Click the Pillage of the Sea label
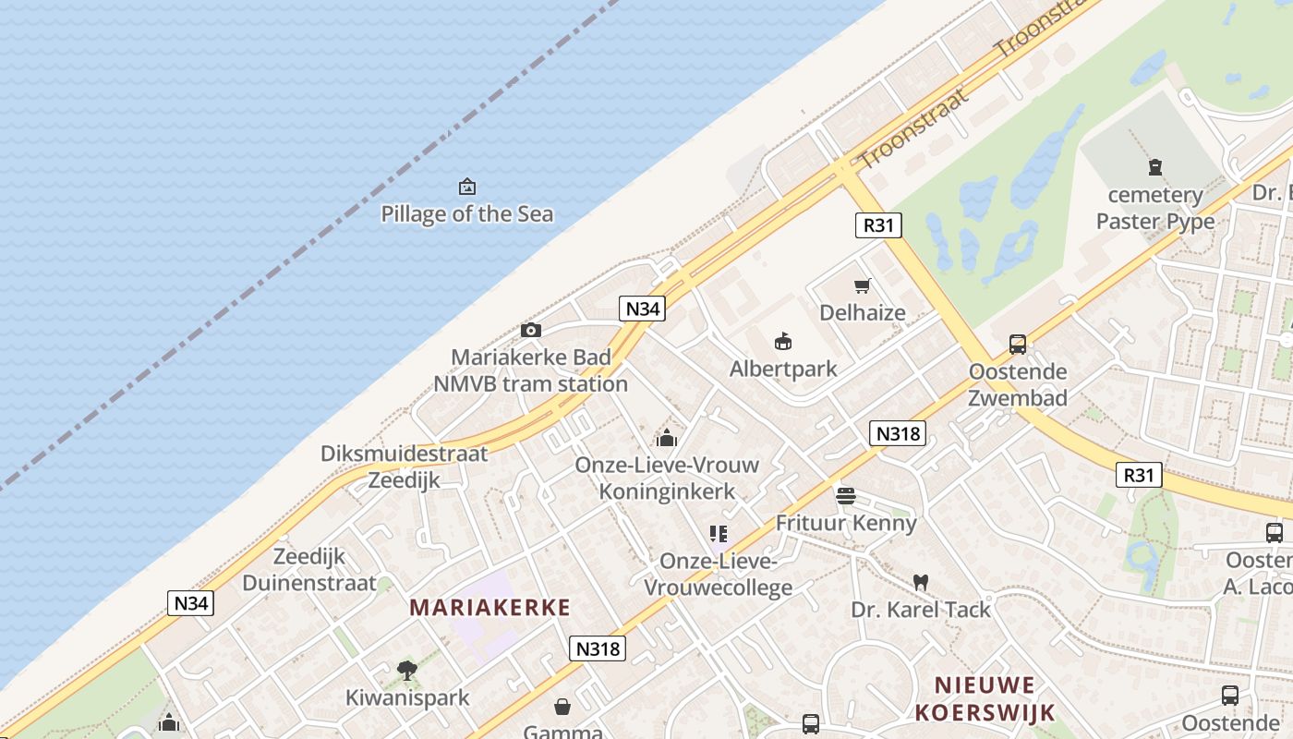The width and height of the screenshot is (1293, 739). (x=467, y=214)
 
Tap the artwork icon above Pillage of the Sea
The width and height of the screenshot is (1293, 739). (x=467, y=187)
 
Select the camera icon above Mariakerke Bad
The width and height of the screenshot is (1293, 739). (x=531, y=330)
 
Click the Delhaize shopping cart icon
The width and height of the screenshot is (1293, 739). (x=862, y=285)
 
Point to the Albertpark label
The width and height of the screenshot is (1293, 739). (x=783, y=369)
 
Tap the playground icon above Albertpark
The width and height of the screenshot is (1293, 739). (x=783, y=342)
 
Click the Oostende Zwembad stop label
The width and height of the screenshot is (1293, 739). (x=1018, y=384)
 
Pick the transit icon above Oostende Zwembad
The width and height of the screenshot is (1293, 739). (x=1018, y=345)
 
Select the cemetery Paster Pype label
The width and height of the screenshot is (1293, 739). (x=1155, y=208)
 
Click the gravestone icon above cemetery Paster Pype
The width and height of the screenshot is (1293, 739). (x=1154, y=167)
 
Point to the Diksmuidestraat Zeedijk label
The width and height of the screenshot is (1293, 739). (x=405, y=466)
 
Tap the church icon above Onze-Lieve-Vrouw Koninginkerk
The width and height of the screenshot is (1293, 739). (x=667, y=438)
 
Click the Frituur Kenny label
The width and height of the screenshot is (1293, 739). (x=846, y=523)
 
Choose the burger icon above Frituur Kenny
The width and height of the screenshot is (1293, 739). (x=845, y=496)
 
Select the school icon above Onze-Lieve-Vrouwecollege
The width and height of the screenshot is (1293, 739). (x=719, y=534)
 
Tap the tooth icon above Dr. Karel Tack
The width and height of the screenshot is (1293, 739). (x=920, y=582)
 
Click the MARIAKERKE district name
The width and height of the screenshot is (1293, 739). (x=489, y=607)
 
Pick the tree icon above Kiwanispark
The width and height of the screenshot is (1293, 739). (x=406, y=671)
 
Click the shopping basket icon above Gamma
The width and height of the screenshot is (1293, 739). (x=562, y=708)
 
